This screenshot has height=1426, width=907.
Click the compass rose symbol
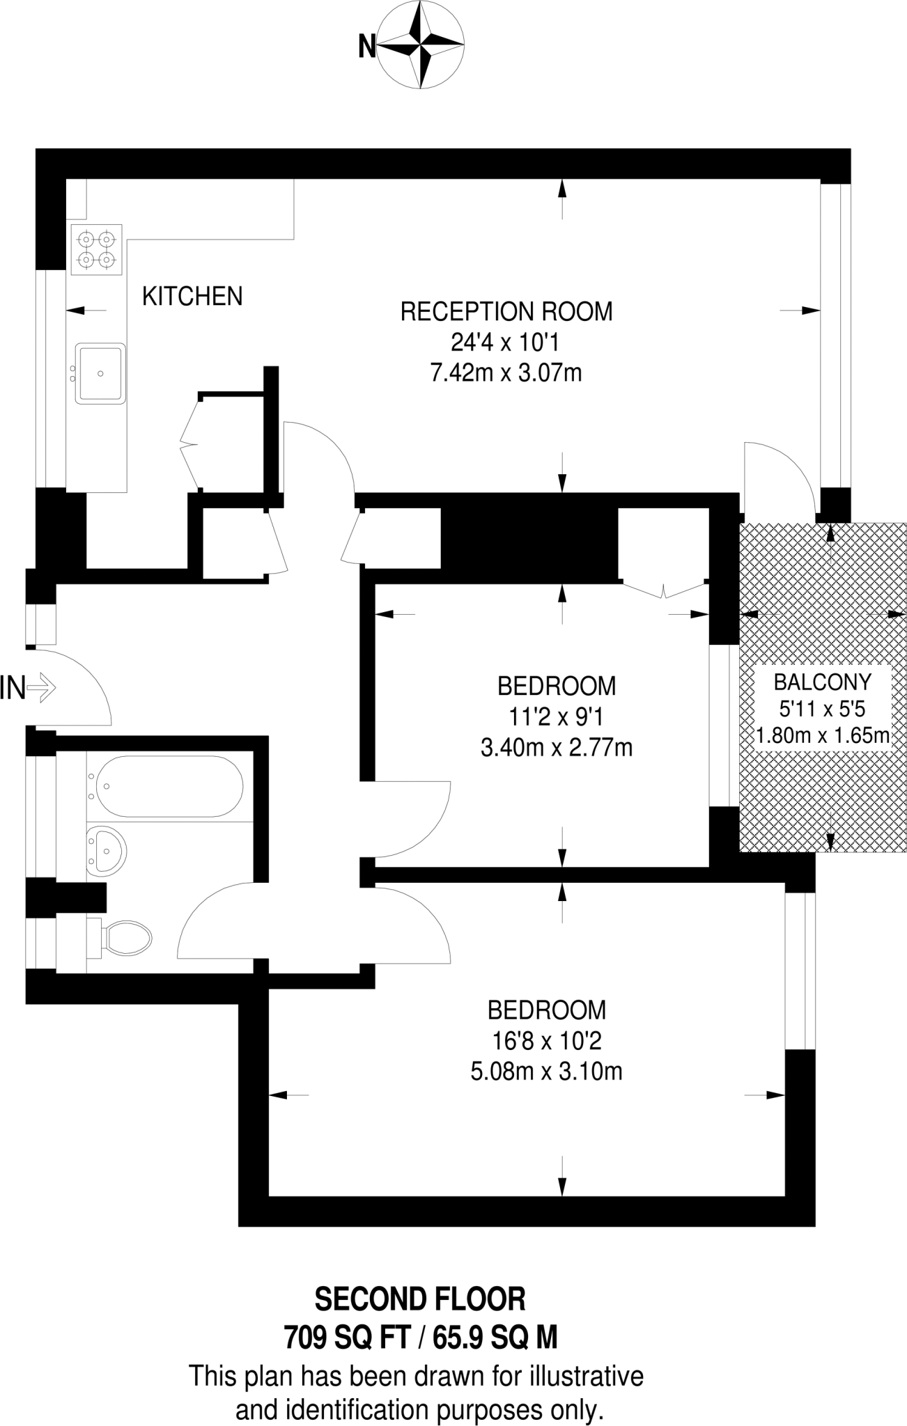(x=421, y=47)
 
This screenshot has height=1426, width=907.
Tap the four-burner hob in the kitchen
(x=96, y=249)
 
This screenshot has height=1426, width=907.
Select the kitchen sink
(x=101, y=373)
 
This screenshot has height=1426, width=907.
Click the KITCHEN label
(x=192, y=297)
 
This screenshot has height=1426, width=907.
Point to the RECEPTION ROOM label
(x=506, y=311)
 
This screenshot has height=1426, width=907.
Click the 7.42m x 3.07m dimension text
(x=506, y=374)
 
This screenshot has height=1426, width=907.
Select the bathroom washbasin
(x=107, y=849)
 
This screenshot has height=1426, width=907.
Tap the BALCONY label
(x=823, y=682)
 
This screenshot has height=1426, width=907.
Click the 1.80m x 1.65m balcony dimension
(x=823, y=735)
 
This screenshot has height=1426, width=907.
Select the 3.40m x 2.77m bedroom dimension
(x=556, y=748)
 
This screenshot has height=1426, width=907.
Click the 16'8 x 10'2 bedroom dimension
(x=546, y=1041)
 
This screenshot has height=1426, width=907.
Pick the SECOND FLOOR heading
(x=420, y=1299)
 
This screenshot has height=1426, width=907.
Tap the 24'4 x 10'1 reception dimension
(x=506, y=343)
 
